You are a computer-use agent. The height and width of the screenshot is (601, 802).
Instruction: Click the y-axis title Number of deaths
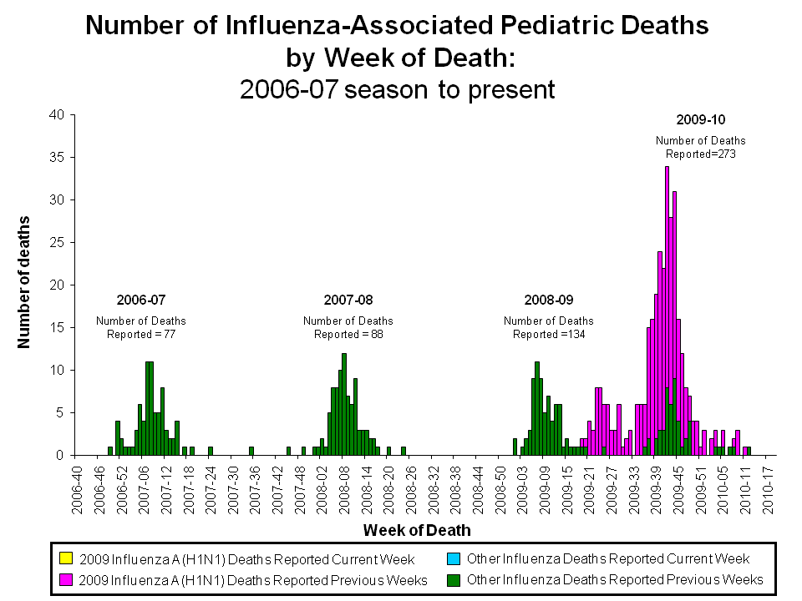(x=24, y=281)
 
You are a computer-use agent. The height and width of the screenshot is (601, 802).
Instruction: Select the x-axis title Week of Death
(x=417, y=530)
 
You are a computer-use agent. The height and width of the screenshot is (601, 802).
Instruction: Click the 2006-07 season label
(x=140, y=299)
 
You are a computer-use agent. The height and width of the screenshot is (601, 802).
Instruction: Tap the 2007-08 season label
(x=348, y=299)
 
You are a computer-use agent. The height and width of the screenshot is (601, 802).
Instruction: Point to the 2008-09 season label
(x=548, y=299)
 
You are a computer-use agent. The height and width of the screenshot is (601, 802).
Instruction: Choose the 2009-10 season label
(x=700, y=119)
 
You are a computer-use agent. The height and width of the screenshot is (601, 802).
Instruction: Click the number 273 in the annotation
(x=723, y=154)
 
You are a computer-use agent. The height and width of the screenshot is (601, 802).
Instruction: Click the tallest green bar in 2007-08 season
(x=344, y=405)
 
